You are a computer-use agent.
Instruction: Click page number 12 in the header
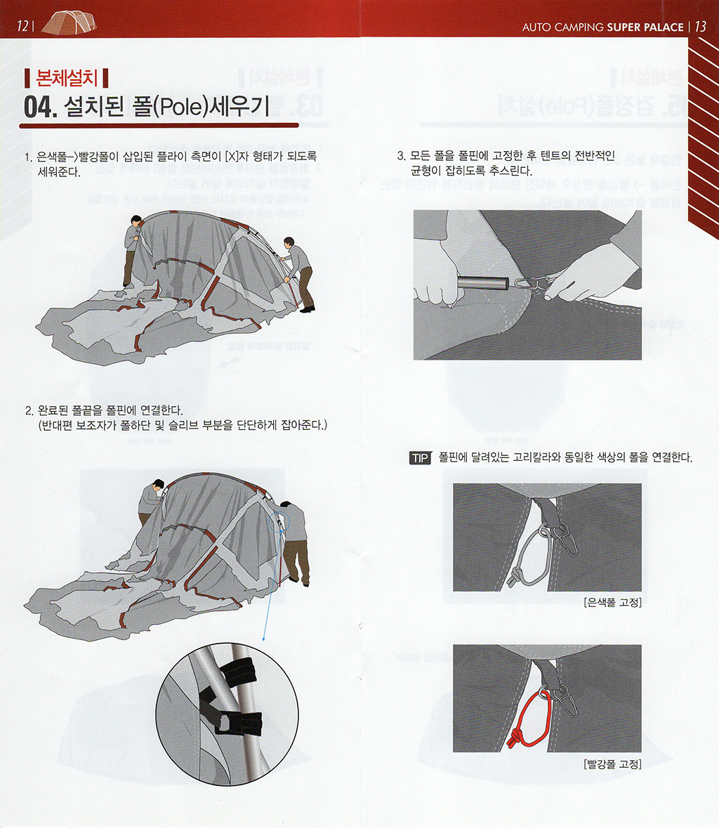click(x=22, y=26)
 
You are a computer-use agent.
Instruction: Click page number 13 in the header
click(x=700, y=27)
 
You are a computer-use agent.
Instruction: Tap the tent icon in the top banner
click(x=70, y=22)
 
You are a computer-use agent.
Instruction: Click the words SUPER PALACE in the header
click(x=645, y=27)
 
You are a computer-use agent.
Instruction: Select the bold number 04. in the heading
click(x=40, y=107)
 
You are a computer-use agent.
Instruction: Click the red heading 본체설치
click(x=67, y=78)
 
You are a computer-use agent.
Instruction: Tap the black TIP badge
click(x=421, y=458)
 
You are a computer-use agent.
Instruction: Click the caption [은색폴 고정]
click(x=613, y=602)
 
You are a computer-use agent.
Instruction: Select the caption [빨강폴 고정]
click(x=613, y=764)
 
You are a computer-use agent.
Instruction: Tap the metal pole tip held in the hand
click(x=483, y=283)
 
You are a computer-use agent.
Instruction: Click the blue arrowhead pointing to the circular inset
click(x=263, y=639)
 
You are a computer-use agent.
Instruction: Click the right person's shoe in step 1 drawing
click(x=308, y=309)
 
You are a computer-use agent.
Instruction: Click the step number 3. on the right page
click(x=402, y=156)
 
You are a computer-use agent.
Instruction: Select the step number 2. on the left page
click(x=29, y=411)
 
